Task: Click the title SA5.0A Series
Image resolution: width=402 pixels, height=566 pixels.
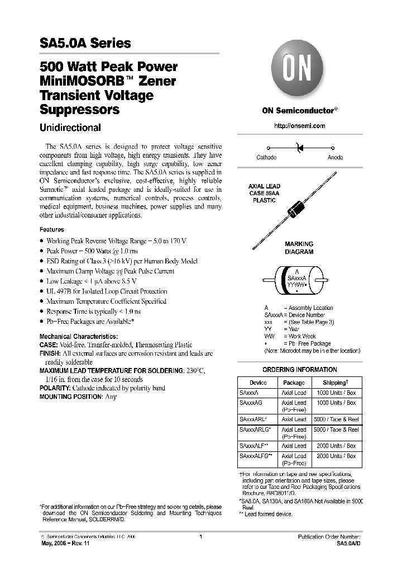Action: point(85,43)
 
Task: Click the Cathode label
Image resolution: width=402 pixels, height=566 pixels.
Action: point(266,158)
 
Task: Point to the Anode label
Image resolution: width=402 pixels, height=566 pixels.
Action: point(335,158)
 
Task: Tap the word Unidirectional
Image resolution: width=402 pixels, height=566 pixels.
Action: point(70,128)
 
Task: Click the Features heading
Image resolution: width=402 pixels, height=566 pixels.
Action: point(51,230)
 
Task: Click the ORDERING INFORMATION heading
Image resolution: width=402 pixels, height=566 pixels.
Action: point(299,370)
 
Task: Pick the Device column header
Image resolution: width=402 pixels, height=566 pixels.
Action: point(258,383)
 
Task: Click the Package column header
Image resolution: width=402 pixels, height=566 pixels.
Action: point(294,383)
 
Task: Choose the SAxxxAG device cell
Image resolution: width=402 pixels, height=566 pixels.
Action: point(250,403)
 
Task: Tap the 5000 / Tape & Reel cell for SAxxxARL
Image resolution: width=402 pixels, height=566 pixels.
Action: point(336,419)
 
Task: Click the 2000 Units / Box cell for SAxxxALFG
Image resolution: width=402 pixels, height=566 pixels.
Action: point(336,456)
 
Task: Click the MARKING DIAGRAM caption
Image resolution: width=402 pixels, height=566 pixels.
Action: point(299,248)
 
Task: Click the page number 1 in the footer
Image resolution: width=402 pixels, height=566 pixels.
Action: point(200,536)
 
